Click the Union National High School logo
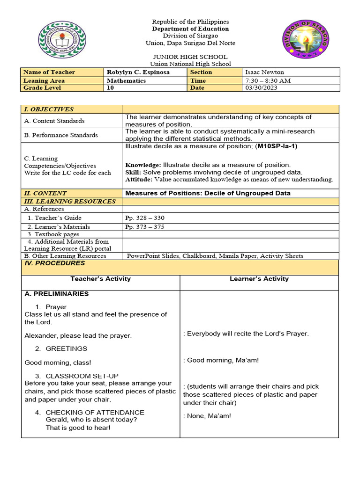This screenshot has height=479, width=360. point(62,39)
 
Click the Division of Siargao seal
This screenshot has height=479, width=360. point(305,39)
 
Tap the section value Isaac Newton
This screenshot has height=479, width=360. point(264,72)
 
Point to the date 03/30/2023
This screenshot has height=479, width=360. point(261,88)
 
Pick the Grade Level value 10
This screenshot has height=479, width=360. point(111,88)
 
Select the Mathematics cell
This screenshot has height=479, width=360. point(126,80)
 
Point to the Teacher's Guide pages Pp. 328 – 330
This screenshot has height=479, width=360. point(145,218)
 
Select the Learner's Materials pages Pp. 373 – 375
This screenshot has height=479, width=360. point(145,227)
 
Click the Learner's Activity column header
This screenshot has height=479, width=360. point(259,279)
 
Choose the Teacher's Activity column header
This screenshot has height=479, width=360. point(100,279)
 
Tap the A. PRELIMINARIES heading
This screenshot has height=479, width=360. point(56,294)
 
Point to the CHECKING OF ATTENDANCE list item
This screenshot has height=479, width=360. point(95,413)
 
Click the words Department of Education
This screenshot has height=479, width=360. point(190,29)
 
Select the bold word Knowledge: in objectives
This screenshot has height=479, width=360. point(143,165)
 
